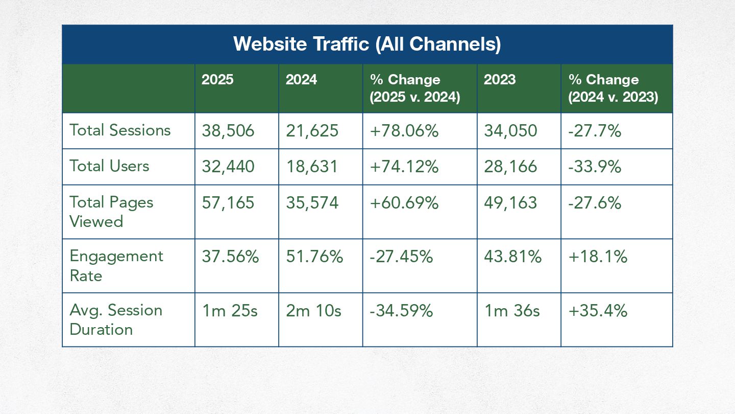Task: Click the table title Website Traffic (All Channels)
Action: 367,44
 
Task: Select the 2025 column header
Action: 217,80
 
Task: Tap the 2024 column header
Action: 301,80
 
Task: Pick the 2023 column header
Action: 499,80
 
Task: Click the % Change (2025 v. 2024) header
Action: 414,88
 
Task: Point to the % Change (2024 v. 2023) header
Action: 612,88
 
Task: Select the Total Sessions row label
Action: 120,130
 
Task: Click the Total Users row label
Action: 109,166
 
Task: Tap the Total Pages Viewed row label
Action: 111,212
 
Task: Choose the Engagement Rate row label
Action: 116,266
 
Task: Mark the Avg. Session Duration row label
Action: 116,319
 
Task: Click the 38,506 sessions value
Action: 228,131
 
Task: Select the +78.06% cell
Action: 404,131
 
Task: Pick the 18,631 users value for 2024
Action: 311,167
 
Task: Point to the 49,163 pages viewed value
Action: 510,203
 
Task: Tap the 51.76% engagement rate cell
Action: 314,257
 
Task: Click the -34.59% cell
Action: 401,311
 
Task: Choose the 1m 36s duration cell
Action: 511,311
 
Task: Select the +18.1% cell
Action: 597,257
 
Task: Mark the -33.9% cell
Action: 594,167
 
